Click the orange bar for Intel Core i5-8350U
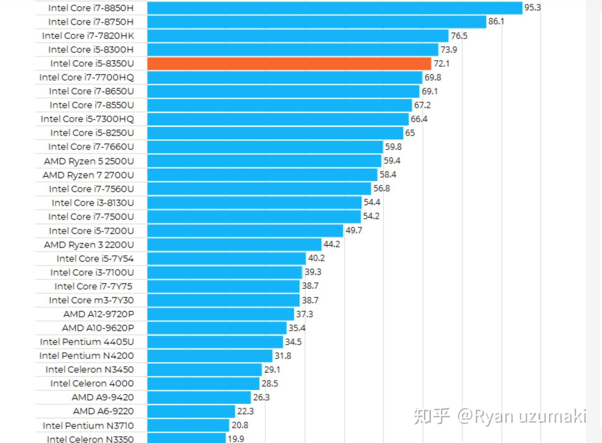(x=289, y=64)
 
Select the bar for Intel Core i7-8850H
(x=335, y=8)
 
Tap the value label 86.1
(x=496, y=21)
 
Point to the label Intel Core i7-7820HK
(x=88, y=36)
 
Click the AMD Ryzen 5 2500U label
(x=89, y=161)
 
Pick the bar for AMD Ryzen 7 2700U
(x=262, y=175)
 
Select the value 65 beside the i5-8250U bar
(x=410, y=133)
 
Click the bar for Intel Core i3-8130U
(x=254, y=202)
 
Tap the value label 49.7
(x=354, y=230)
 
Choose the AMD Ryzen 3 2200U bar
(x=234, y=244)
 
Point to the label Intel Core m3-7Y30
(x=91, y=300)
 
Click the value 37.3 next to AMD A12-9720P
(x=304, y=314)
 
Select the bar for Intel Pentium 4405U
(x=215, y=342)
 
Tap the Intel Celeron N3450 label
(x=89, y=370)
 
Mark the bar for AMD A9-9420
(x=199, y=397)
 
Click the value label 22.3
(x=245, y=411)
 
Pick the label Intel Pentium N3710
(x=88, y=425)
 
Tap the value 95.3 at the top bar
(x=532, y=8)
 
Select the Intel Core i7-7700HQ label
(x=87, y=77)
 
